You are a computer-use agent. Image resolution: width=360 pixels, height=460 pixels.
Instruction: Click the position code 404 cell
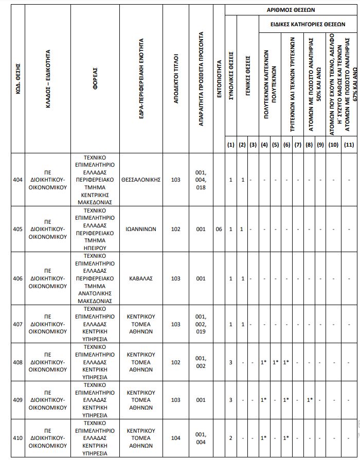click(x=18, y=180)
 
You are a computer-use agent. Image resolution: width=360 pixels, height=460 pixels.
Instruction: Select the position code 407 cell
click(x=18, y=324)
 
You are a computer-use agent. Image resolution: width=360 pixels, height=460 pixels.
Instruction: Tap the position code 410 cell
click(x=18, y=438)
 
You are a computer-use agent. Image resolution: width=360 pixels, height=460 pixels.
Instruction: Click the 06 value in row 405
click(x=219, y=229)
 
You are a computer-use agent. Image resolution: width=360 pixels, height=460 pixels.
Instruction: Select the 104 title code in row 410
click(x=175, y=438)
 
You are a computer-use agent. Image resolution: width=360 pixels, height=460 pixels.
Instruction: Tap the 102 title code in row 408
click(x=175, y=362)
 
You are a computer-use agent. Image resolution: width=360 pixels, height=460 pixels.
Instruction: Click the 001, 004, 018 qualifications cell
click(x=201, y=180)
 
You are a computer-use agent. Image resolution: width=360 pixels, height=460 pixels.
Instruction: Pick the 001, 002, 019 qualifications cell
click(x=201, y=324)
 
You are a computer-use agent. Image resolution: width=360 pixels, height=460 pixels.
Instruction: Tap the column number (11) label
click(x=349, y=145)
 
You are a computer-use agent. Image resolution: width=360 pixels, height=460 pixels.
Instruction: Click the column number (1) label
click(x=231, y=145)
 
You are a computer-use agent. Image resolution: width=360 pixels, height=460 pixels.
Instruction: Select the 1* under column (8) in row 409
click(x=310, y=400)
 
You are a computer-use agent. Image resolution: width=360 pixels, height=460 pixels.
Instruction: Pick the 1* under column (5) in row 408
click(x=276, y=362)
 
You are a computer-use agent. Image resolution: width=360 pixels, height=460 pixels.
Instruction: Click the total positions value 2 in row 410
click(x=231, y=438)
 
